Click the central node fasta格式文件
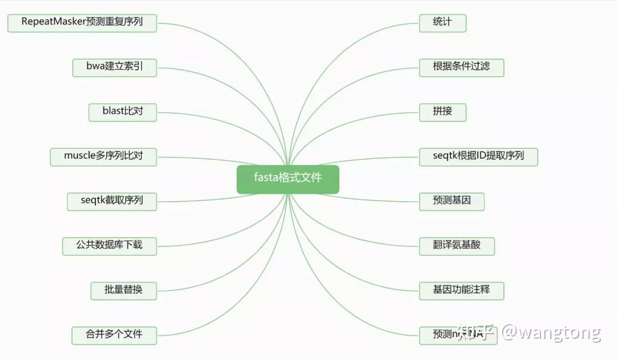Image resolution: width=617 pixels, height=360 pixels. tap(288, 179)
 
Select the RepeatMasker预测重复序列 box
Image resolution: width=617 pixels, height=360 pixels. tap(82, 23)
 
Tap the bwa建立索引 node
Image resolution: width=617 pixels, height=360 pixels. tap(114, 67)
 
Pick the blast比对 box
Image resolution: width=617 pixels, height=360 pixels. tap(123, 111)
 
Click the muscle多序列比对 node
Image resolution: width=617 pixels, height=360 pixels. tap(103, 156)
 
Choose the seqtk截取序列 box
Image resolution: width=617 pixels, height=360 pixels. tap(112, 201)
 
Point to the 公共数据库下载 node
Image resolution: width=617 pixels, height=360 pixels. tap(109, 246)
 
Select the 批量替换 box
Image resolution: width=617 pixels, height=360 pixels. tap(123, 290)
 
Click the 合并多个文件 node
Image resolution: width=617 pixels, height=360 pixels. tap(114, 335)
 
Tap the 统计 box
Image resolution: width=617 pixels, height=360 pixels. tap(442, 23)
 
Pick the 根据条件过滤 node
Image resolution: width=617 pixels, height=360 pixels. tap(461, 67)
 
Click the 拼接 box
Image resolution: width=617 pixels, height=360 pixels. tap(442, 111)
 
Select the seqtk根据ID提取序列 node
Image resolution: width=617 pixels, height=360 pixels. tap(478, 156)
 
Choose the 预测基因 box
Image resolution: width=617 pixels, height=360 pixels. tap(451, 201)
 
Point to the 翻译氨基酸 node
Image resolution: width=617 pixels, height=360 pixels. tap(456, 246)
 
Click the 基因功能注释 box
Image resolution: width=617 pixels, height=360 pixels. tap(461, 290)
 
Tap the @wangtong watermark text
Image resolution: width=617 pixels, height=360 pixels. tap(551, 333)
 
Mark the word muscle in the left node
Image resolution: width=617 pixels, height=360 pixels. tap(79, 156)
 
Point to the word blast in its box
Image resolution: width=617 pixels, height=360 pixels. tap(113, 111)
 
